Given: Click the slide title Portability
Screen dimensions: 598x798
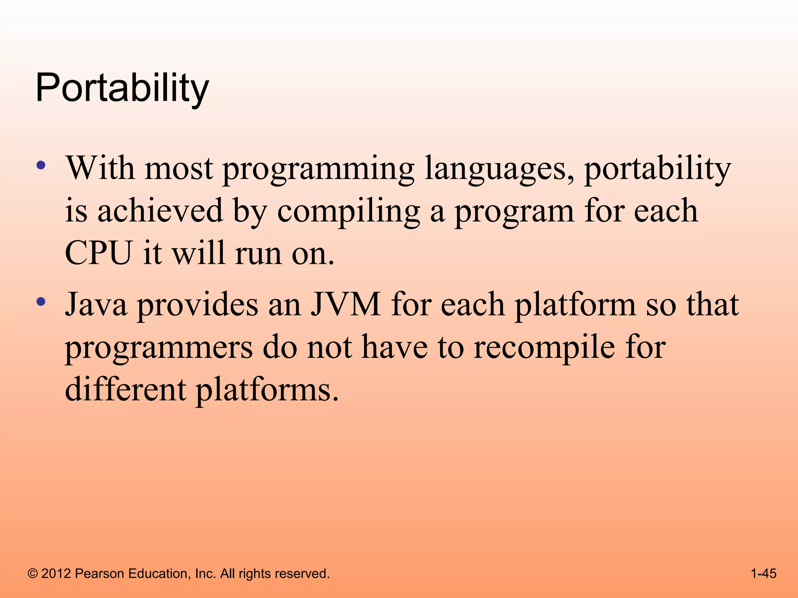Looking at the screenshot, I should [122, 89].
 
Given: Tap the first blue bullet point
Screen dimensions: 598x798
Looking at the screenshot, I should [41, 165].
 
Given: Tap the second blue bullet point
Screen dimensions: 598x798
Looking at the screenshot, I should [41, 301].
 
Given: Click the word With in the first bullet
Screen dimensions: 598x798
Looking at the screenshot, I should [100, 168].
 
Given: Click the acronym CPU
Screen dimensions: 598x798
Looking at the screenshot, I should [99, 253].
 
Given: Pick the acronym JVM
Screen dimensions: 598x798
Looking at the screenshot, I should [346, 304].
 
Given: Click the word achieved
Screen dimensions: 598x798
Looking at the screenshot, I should [160, 211].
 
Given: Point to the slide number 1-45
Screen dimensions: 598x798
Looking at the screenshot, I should [763, 573].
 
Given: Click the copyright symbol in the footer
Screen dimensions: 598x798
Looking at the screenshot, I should [33, 573].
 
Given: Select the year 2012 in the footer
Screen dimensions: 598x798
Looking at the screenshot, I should [56, 573].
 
